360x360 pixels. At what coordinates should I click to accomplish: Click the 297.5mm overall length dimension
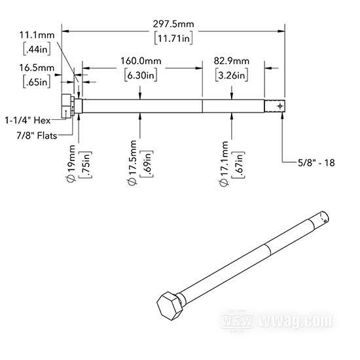(x=173, y=24)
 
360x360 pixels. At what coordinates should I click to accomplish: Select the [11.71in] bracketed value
(x=173, y=39)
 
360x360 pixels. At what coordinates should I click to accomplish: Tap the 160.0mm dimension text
(x=141, y=61)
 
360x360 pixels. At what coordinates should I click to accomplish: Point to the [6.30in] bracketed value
(x=141, y=75)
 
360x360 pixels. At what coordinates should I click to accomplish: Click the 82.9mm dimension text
(x=232, y=61)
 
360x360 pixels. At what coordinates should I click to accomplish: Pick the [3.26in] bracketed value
(x=232, y=75)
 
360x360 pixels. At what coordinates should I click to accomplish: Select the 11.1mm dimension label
(x=37, y=35)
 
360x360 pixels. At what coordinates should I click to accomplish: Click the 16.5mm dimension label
(x=37, y=67)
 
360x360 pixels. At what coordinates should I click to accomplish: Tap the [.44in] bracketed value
(x=37, y=49)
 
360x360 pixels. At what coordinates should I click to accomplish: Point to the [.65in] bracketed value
(x=37, y=82)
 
